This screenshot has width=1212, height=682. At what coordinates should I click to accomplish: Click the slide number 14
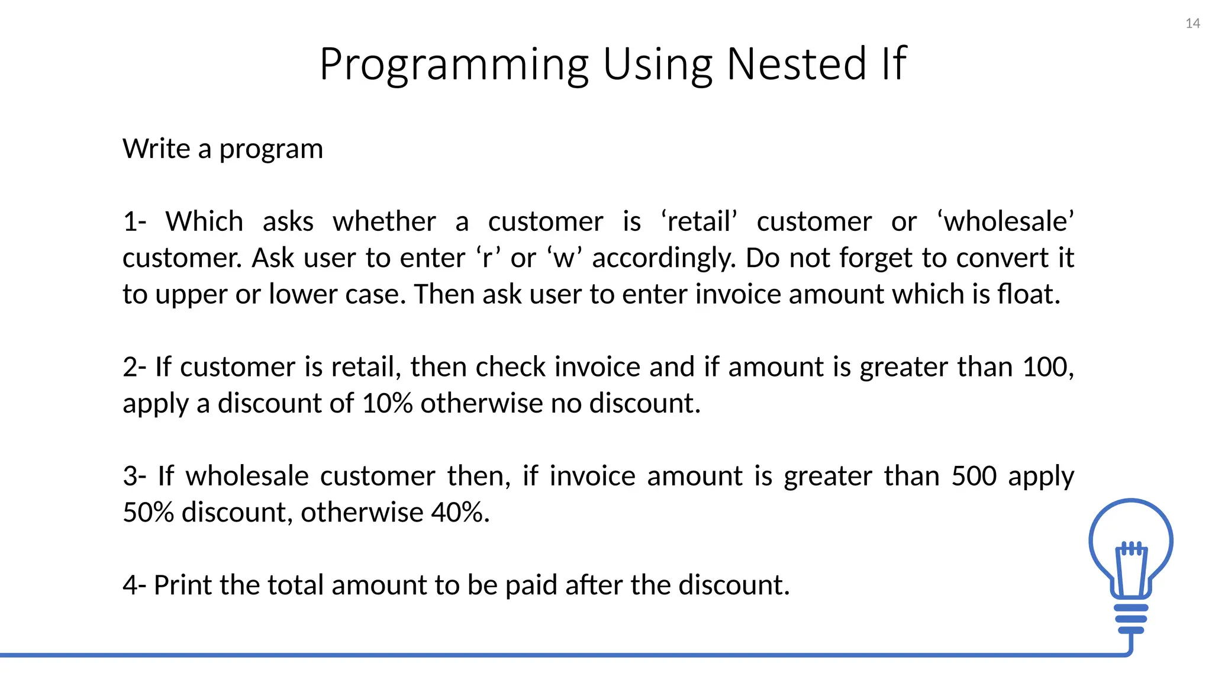click(x=1192, y=24)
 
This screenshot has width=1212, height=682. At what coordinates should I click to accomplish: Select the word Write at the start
click(x=156, y=149)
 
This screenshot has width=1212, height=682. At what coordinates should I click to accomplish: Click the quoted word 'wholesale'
click(x=1005, y=222)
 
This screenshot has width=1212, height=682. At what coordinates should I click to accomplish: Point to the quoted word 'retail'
click(x=699, y=222)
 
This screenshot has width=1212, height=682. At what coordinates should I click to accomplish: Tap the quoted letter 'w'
click(x=565, y=259)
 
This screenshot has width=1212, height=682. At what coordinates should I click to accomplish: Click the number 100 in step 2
click(x=1045, y=367)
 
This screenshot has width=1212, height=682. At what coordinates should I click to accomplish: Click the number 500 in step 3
click(x=974, y=477)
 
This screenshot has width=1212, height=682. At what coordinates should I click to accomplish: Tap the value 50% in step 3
click(x=148, y=513)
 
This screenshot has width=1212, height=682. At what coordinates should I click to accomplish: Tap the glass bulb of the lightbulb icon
click(x=1130, y=527)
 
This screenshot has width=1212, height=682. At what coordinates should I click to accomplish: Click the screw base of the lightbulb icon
click(x=1131, y=619)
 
